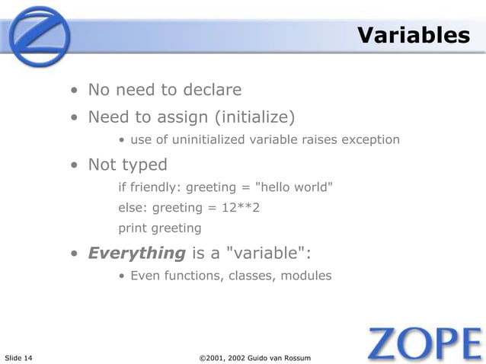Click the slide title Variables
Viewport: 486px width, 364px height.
coord(414,35)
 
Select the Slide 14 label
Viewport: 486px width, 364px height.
coord(18,357)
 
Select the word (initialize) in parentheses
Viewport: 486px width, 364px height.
coord(256,117)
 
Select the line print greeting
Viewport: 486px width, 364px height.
coord(160,228)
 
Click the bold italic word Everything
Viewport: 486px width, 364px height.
coord(137,253)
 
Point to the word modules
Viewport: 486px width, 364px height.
coord(306,276)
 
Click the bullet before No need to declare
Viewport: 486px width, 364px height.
coord(74,91)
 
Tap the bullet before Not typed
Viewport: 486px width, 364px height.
coord(74,165)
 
